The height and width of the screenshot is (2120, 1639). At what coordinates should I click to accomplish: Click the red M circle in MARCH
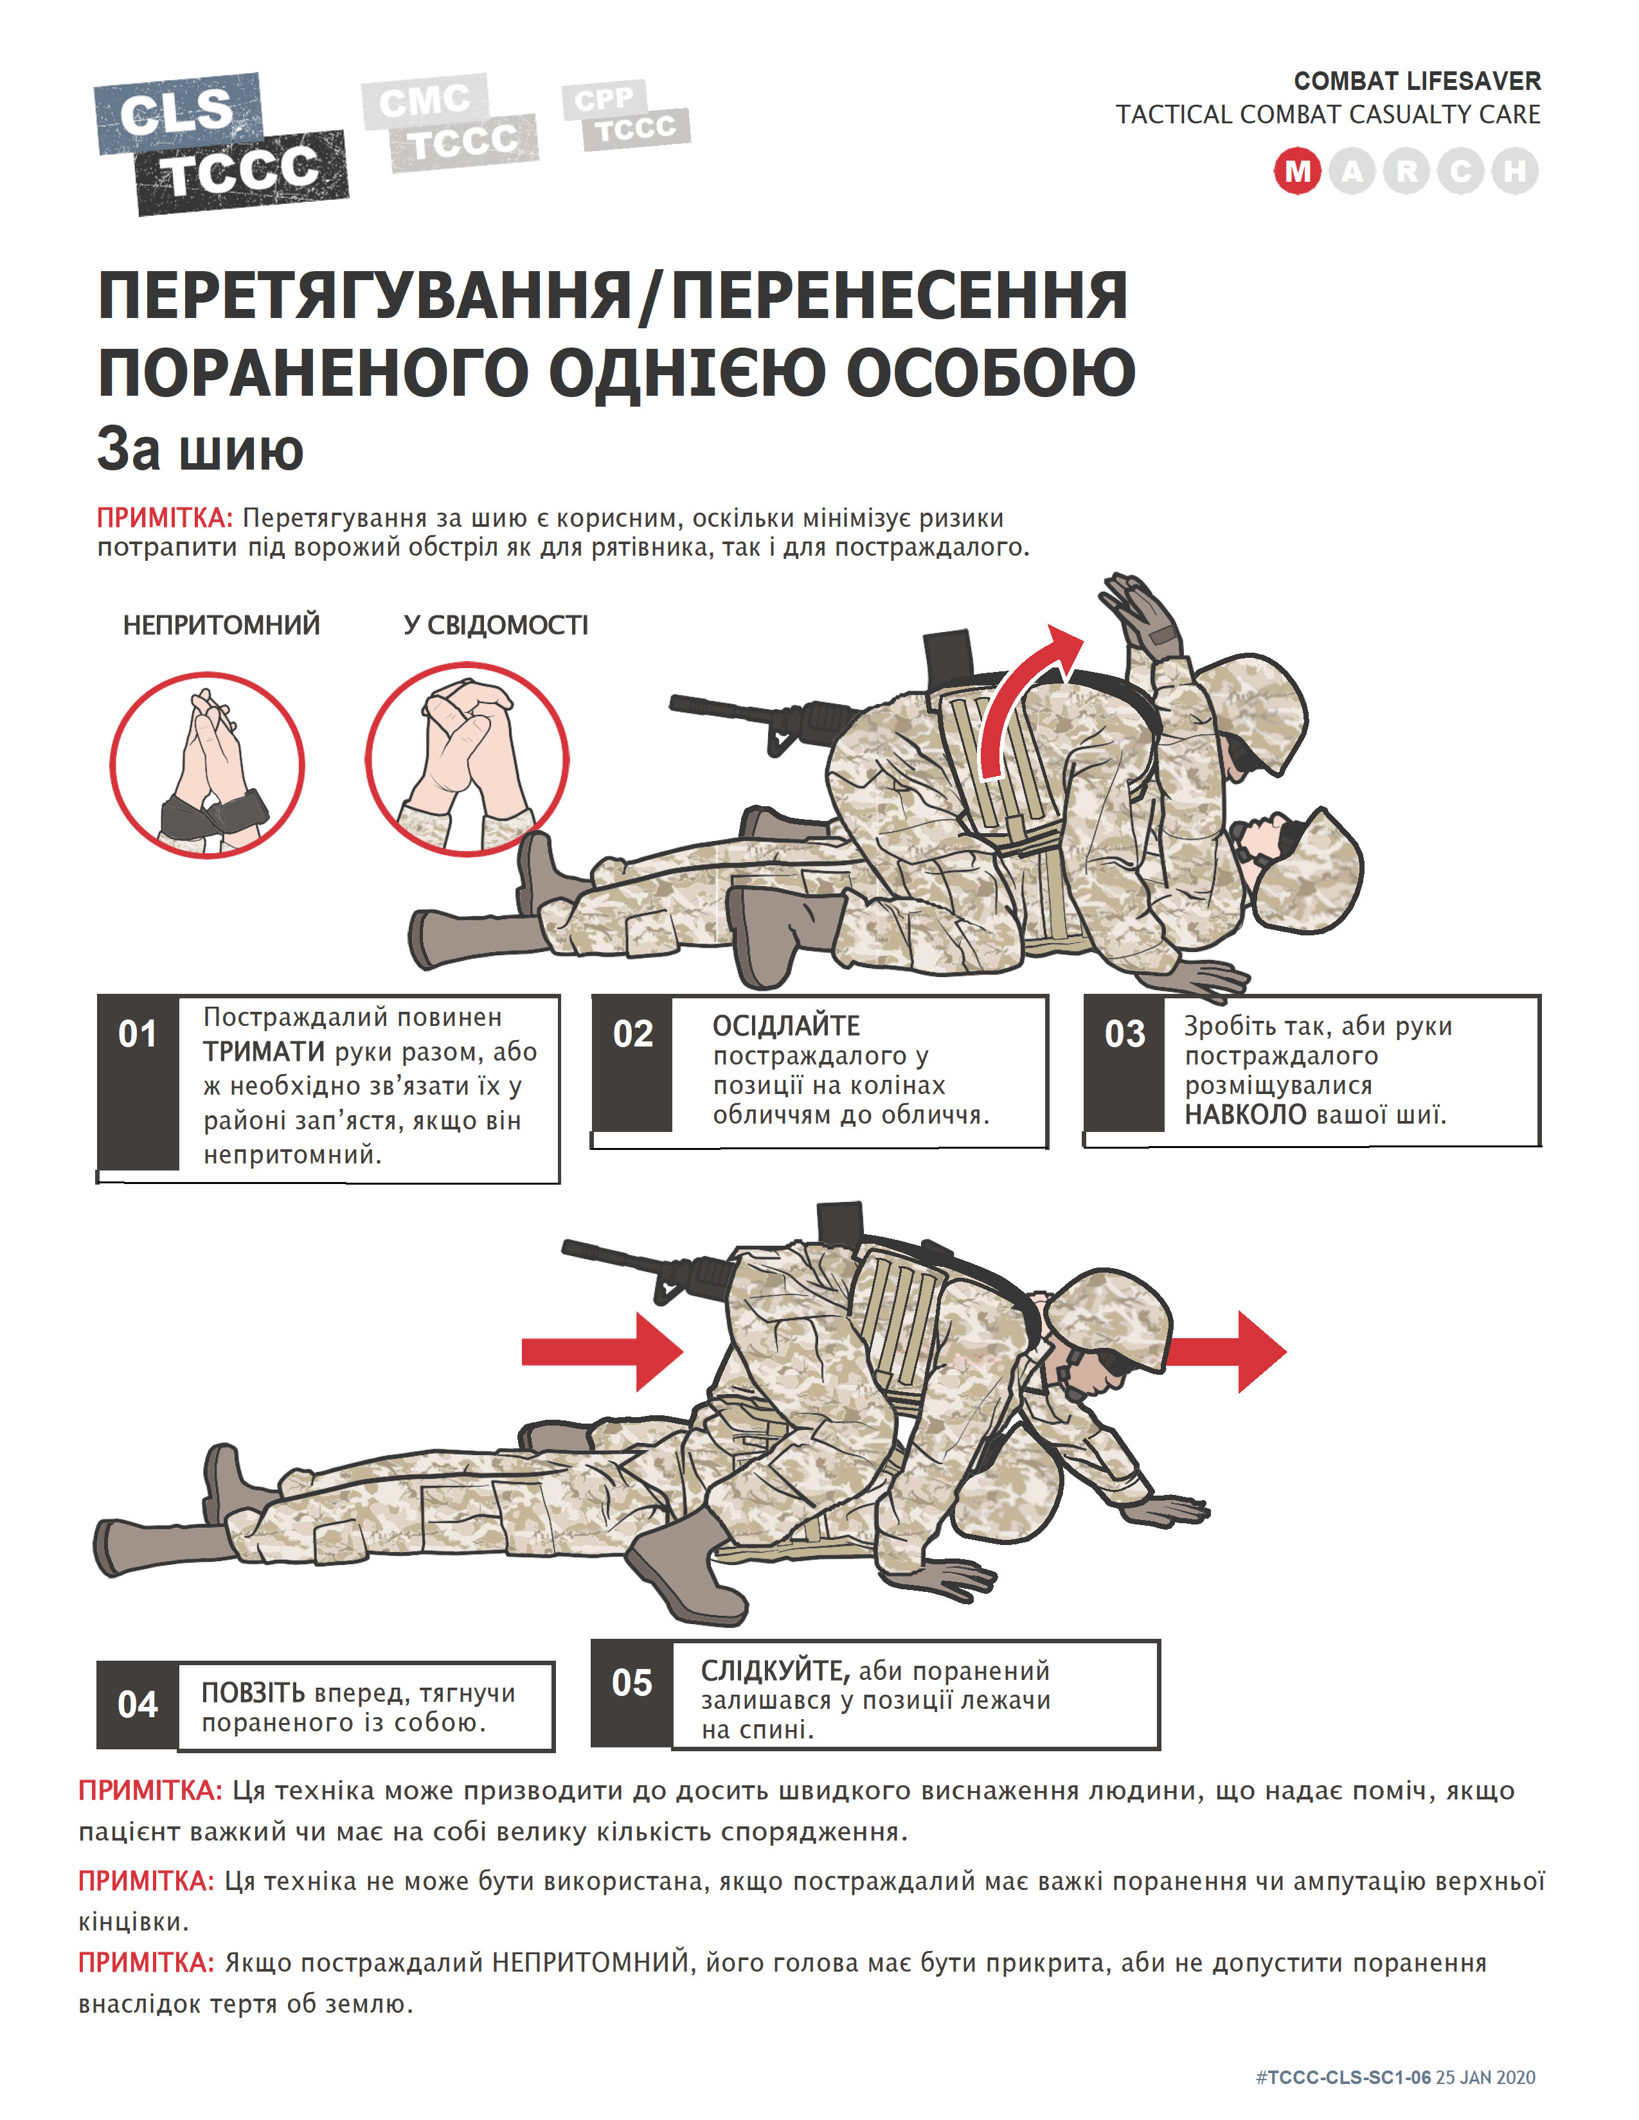(x=1297, y=172)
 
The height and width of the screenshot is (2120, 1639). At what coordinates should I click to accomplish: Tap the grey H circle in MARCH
(x=1515, y=172)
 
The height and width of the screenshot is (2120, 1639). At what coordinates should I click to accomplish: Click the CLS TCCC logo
(x=221, y=144)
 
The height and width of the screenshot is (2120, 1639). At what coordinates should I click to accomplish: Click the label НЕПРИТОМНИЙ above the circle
(x=221, y=625)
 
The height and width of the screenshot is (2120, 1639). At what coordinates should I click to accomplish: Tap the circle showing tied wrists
(x=207, y=765)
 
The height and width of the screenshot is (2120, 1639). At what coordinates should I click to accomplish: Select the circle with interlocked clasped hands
(x=467, y=759)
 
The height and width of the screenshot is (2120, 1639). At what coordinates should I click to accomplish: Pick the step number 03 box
(x=1124, y=1035)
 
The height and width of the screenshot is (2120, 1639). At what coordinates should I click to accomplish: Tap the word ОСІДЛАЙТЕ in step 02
(x=785, y=1026)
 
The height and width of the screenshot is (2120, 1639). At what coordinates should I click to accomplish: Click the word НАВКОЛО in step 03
(x=1245, y=1115)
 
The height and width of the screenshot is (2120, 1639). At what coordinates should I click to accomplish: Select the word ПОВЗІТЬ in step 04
(x=253, y=1693)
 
